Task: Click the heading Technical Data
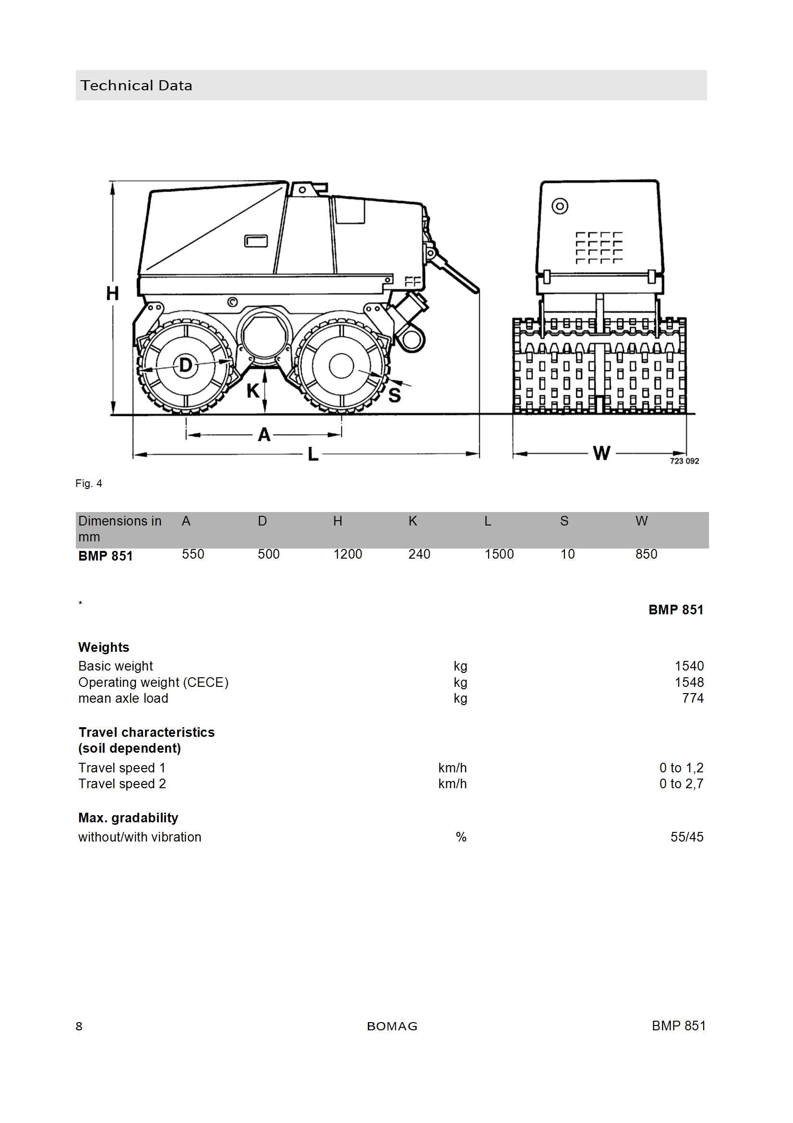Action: click(x=136, y=85)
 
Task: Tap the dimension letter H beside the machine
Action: click(x=112, y=293)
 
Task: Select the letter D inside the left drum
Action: click(x=186, y=365)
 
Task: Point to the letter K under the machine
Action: click(x=253, y=391)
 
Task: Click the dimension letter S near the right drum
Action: click(x=395, y=394)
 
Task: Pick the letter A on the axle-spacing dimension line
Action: click(x=264, y=434)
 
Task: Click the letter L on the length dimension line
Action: click(x=313, y=455)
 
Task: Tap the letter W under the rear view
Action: click(x=601, y=453)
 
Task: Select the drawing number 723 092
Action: click(x=684, y=461)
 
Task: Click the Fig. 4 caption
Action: click(x=88, y=484)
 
